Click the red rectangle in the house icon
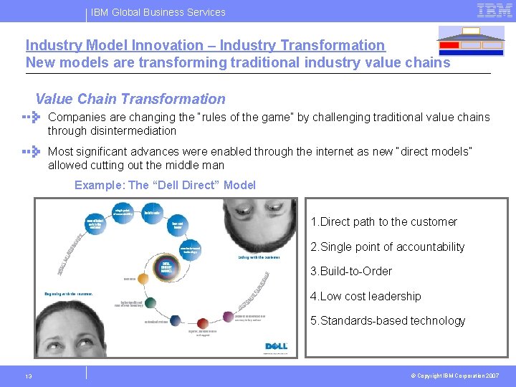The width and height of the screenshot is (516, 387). click(x=449, y=45)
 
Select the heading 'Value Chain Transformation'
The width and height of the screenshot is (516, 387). click(x=130, y=100)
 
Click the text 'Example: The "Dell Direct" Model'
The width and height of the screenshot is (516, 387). click(x=165, y=185)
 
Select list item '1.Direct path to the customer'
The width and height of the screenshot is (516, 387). click(x=383, y=222)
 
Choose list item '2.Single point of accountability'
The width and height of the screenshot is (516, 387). click(x=387, y=247)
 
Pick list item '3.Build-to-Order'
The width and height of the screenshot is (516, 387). click(x=350, y=272)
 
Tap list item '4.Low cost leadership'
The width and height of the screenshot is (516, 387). click(x=365, y=297)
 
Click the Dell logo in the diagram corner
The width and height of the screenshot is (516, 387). click(x=276, y=347)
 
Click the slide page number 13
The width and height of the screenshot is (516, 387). click(x=28, y=377)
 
